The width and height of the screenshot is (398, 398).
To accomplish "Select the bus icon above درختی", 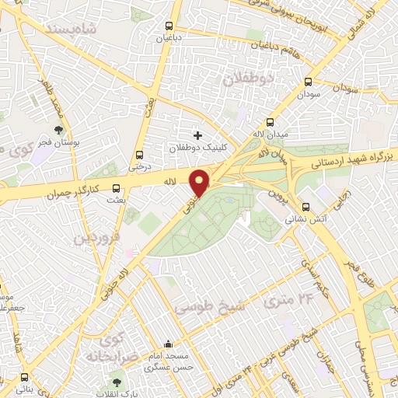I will click(x=139, y=154).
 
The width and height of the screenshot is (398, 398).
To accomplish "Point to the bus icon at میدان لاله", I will click(x=270, y=122).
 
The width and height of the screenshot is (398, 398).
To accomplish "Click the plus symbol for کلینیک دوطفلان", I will click(x=197, y=135).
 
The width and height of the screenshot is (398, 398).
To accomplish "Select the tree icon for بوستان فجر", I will click(x=59, y=130).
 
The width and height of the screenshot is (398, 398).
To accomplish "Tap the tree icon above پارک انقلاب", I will click(x=117, y=382).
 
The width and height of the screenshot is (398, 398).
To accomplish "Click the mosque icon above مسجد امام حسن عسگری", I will click(x=169, y=345).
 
